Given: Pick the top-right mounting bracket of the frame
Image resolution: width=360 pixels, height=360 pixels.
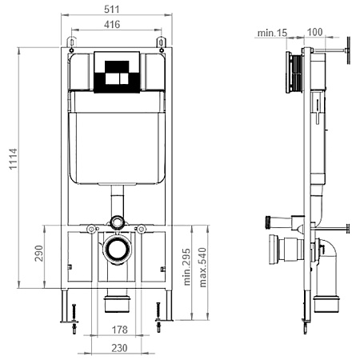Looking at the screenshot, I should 161,42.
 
